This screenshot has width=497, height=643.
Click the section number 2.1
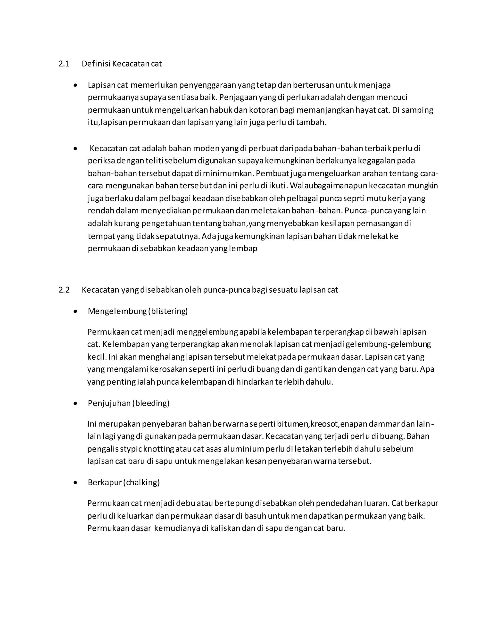64,64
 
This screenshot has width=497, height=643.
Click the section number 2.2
64,290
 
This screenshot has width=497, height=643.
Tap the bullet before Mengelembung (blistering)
76,311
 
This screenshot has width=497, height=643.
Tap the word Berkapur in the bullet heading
105,483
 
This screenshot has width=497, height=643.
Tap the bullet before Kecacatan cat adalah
76,149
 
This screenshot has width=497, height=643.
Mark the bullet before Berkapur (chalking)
76,483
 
